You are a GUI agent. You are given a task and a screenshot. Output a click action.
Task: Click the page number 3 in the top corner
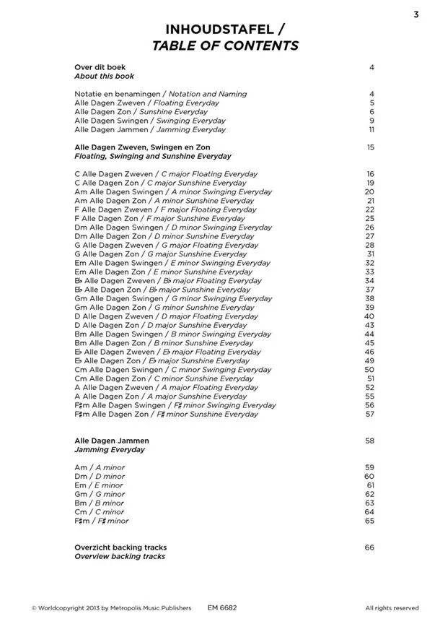coord(416,14)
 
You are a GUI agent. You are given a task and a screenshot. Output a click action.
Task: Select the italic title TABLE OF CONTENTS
coord(225,45)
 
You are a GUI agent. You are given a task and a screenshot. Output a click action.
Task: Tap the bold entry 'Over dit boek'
coord(100,67)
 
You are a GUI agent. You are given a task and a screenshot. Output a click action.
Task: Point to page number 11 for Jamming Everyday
coord(371,130)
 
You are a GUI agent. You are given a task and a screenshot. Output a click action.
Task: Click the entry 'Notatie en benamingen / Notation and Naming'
coord(160,94)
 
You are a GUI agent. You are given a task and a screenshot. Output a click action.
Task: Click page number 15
coord(371,147)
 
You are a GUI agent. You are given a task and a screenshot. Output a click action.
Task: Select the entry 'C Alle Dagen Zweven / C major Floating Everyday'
coord(166,174)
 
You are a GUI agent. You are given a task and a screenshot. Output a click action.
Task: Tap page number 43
coord(370,325)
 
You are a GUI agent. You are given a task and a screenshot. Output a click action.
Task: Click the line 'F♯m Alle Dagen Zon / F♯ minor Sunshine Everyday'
coord(166,415)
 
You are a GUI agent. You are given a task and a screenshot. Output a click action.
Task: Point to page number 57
coord(370,415)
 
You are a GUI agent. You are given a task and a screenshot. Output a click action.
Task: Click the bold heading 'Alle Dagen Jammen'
coord(112,441)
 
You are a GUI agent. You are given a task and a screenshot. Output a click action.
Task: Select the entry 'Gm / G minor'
coord(100,494)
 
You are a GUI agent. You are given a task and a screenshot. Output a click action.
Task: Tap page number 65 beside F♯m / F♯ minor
coord(370,521)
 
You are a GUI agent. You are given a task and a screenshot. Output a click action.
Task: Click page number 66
coord(370,547)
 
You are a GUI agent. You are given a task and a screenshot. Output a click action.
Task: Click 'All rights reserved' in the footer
coord(392,608)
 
